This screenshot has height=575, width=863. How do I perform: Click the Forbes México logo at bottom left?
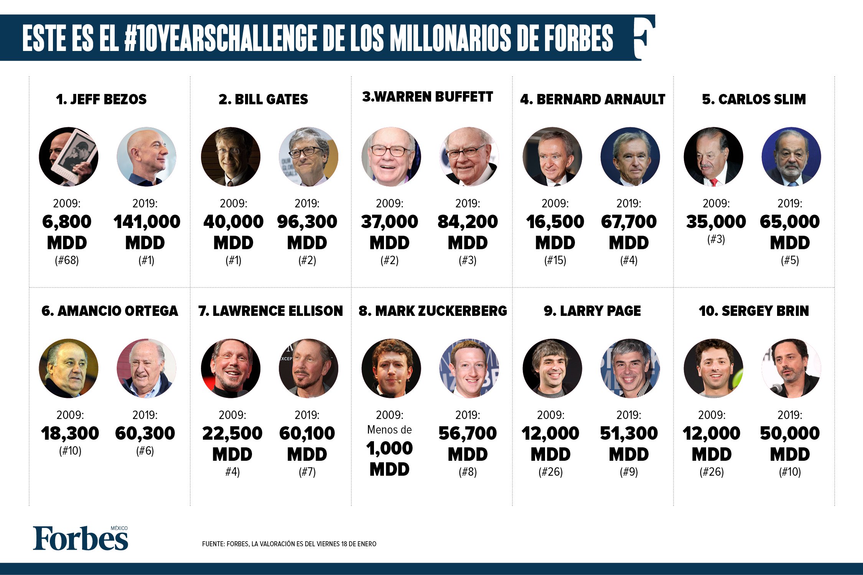81,538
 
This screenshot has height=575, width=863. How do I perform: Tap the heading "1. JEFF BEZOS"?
101,99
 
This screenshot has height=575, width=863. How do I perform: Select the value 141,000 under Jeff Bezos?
147,222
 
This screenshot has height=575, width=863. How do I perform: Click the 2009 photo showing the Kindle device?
69,156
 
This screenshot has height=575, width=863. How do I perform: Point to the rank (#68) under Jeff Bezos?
67,261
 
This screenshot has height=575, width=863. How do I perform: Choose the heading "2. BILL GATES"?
263,99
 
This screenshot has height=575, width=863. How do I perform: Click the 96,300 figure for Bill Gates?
307,222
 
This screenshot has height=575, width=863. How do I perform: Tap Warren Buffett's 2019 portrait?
469,156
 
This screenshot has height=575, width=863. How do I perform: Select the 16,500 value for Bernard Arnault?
555,222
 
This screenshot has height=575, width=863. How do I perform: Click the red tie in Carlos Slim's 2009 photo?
714,182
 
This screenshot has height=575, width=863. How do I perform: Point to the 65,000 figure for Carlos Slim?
789,222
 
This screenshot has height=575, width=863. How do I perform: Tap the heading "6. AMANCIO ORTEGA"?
110,311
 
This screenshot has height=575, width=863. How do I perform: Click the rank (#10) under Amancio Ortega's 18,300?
70,451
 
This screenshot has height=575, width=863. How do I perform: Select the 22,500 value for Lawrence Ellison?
232,433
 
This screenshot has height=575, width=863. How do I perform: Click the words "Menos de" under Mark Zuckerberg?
389,430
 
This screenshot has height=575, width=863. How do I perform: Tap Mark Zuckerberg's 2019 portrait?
469,368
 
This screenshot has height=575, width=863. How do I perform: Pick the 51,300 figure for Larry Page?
629,433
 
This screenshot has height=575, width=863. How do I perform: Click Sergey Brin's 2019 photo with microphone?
791,368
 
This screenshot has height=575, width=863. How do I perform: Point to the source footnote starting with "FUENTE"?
289,544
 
